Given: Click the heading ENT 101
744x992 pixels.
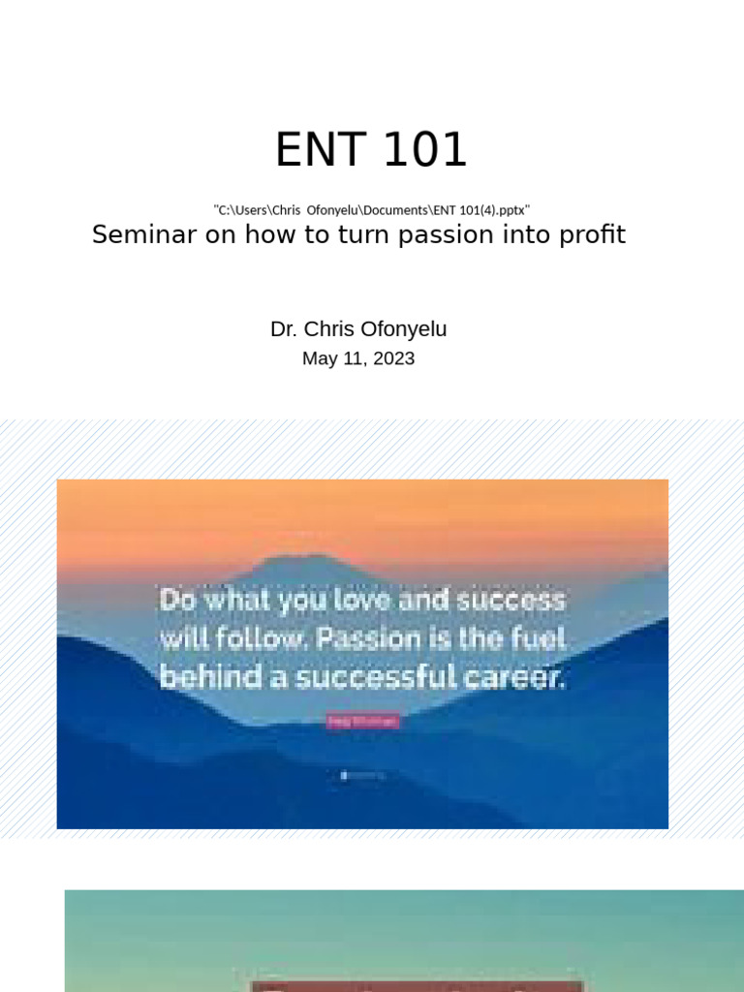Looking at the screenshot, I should tap(371, 150).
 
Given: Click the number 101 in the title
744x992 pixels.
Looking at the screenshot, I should tap(423, 150).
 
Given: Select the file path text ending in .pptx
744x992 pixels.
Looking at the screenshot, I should tap(371, 209).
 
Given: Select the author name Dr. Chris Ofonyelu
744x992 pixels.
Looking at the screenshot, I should tap(358, 329).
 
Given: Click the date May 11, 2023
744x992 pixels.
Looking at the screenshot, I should tap(358, 358).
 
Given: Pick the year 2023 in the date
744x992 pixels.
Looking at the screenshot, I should tap(392, 358).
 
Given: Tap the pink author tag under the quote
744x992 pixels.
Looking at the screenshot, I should tap(362, 721).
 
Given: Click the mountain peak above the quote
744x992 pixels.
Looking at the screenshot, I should tap(281, 560).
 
